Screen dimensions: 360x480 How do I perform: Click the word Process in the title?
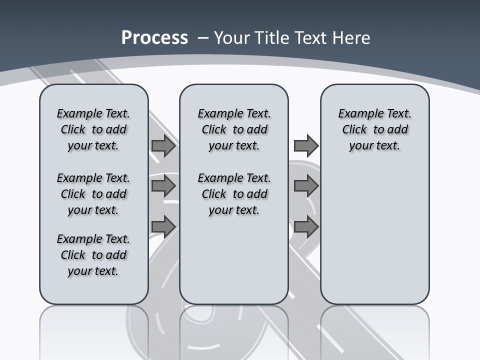click(x=154, y=38)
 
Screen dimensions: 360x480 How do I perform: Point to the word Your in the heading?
click(x=233, y=38)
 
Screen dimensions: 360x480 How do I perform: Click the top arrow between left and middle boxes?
click(x=163, y=145)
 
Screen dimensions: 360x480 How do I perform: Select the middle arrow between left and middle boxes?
click(x=163, y=186)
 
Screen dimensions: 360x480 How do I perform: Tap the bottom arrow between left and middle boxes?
click(x=163, y=226)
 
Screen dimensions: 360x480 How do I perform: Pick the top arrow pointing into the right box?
click(x=306, y=145)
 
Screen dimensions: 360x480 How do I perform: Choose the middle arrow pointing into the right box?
click(x=306, y=186)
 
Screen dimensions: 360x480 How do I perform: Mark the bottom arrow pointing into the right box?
click(x=306, y=226)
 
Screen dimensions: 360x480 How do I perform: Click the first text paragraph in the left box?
click(x=93, y=129)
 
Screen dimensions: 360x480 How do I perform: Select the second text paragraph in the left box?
click(x=93, y=194)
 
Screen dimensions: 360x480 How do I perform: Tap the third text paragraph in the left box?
click(x=93, y=255)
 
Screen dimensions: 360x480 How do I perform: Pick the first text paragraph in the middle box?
click(x=234, y=129)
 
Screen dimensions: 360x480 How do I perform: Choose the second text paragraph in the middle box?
click(x=234, y=194)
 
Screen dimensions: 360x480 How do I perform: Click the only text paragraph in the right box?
click(x=374, y=129)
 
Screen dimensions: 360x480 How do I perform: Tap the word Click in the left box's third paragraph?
click(x=73, y=255)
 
